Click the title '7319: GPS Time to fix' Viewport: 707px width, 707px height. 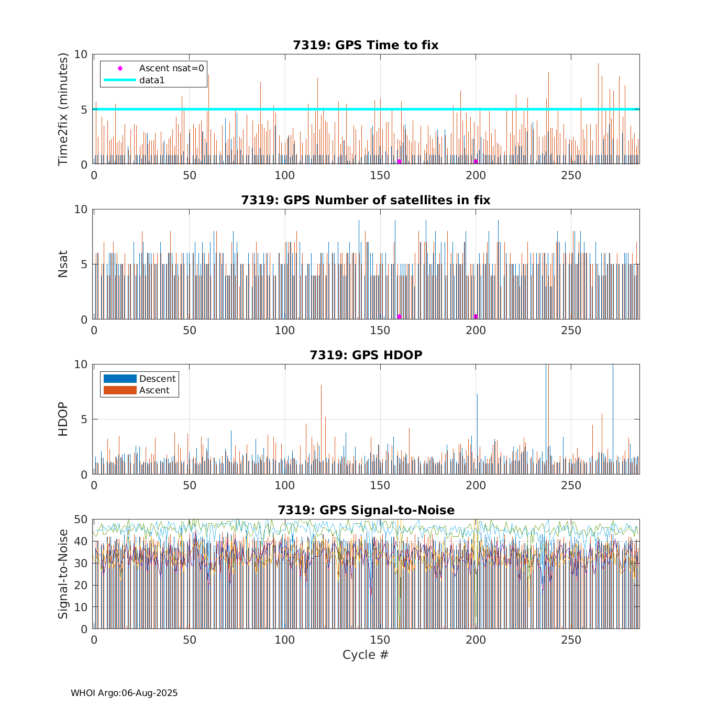pyautogui.click(x=366, y=45)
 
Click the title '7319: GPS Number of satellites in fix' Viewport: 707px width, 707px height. pyautogui.click(x=366, y=200)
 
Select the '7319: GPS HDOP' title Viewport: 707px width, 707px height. pyautogui.click(x=366, y=355)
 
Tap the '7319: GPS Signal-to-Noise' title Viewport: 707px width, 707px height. pyautogui.click(x=366, y=510)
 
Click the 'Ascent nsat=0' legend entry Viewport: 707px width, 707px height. pyautogui.click(x=171, y=68)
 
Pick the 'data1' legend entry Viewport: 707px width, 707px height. pyautogui.click(x=152, y=80)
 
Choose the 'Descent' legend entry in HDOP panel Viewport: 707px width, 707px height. pyautogui.click(x=157, y=379)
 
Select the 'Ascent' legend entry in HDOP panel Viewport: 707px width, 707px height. pyautogui.click(x=154, y=390)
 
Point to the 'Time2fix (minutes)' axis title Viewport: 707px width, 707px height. pyautogui.click(x=63, y=109)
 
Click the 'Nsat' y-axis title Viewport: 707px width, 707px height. pyautogui.click(x=63, y=264)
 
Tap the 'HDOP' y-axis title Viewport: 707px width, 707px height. pyautogui.click(x=63, y=419)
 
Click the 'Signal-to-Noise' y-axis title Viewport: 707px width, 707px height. pyautogui.click(x=63, y=574)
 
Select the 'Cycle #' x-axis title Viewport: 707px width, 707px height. pyautogui.click(x=366, y=655)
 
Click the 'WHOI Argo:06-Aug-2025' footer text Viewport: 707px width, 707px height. pyautogui.click(x=124, y=693)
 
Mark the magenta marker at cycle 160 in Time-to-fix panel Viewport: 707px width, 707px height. pyautogui.click(x=399, y=162)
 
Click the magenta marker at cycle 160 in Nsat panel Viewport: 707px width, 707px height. pyautogui.click(x=399, y=316)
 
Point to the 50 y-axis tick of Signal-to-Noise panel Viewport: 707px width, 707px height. pyautogui.click(x=81, y=520)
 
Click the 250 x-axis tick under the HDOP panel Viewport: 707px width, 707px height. pyautogui.click(x=571, y=485)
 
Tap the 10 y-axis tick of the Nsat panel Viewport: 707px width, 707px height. pyautogui.click(x=81, y=209)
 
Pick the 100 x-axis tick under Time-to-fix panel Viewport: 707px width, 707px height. pyautogui.click(x=285, y=175)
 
